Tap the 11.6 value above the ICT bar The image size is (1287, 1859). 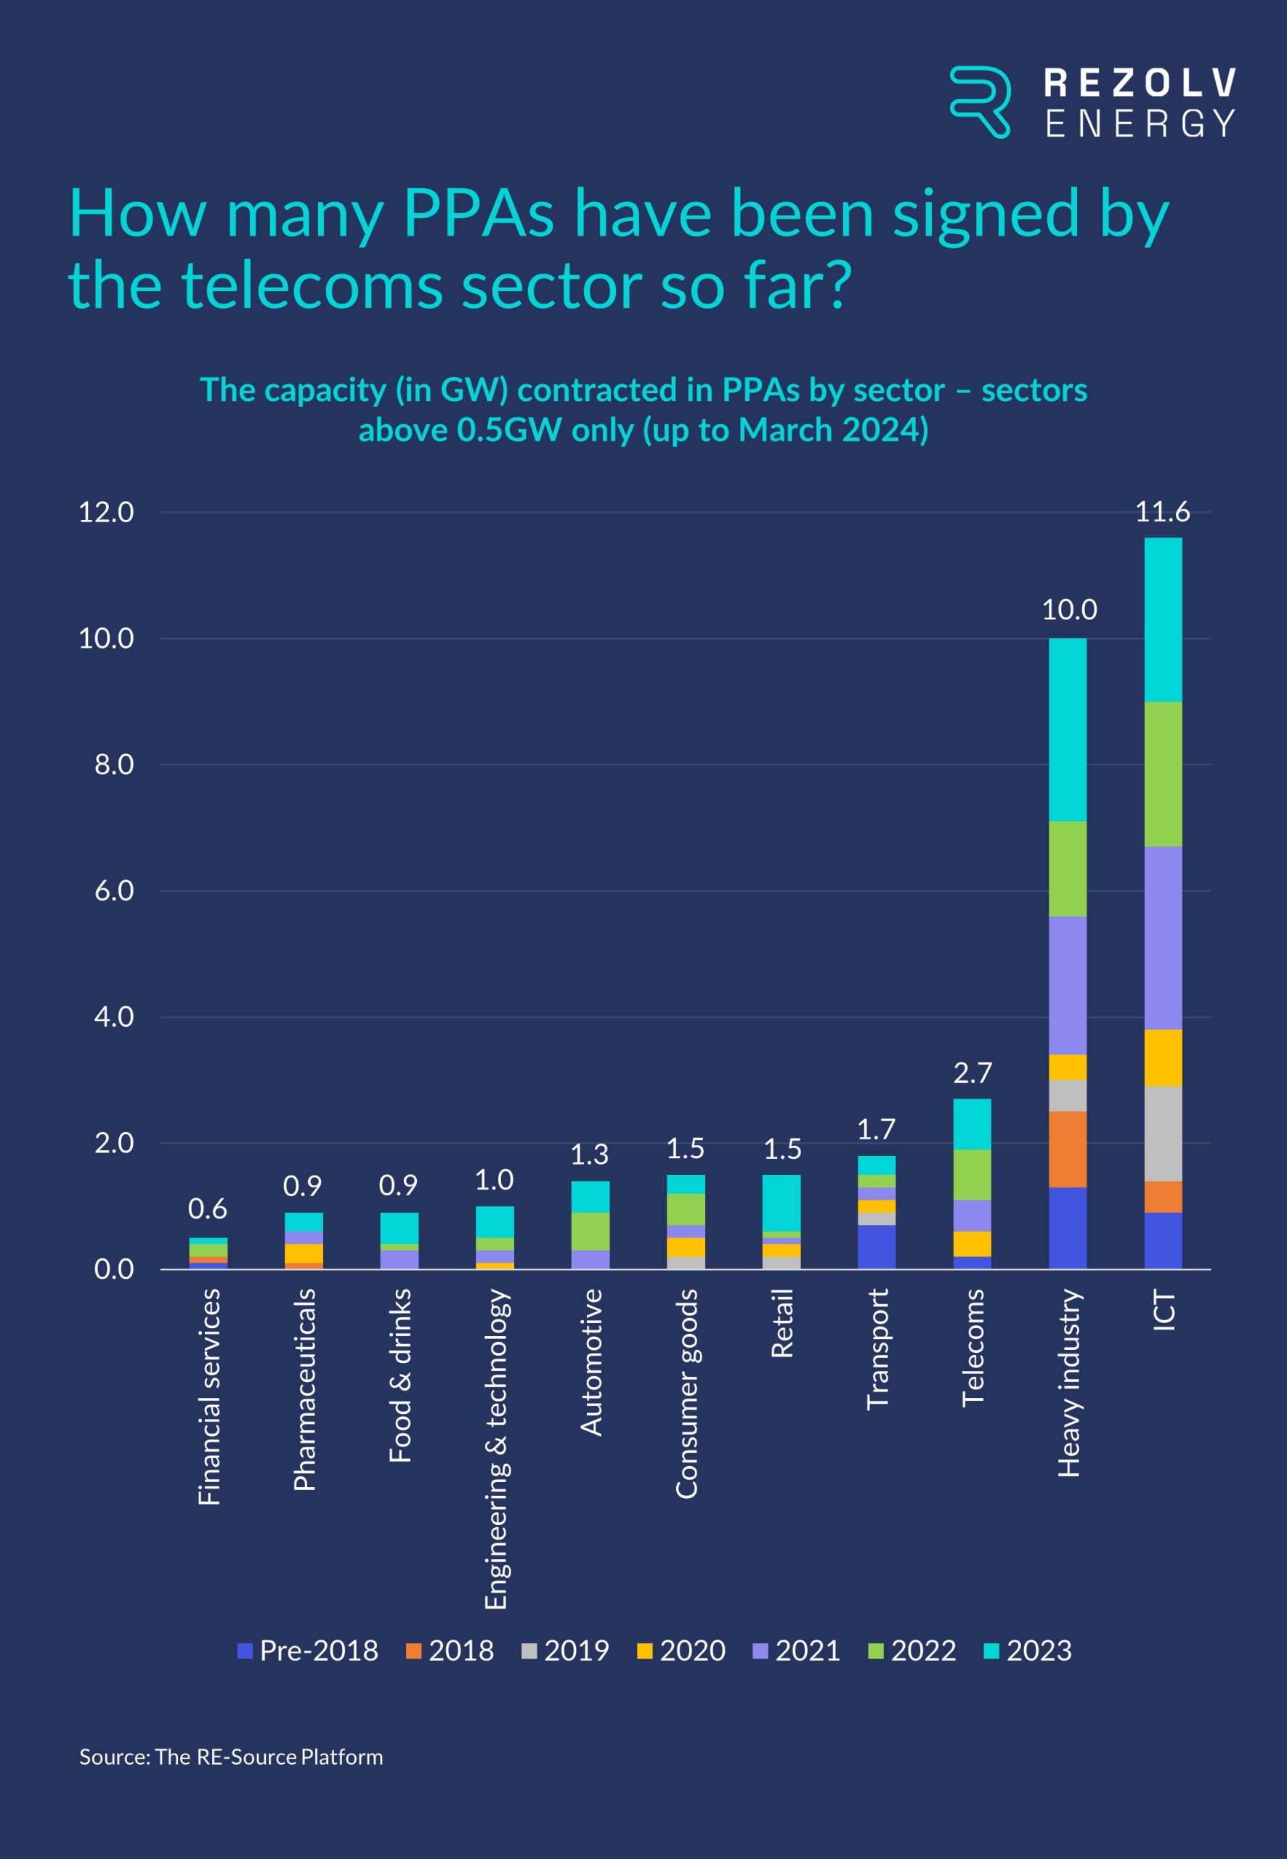[1162, 511]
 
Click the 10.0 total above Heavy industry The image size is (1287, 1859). [1068, 609]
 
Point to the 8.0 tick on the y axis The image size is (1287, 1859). [114, 764]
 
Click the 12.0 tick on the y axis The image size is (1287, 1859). [105, 512]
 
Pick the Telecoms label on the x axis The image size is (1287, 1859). [973, 1347]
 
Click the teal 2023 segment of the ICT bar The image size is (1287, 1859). [1163, 619]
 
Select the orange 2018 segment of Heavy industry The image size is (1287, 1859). [1068, 1149]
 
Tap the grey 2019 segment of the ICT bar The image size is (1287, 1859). [1163, 1133]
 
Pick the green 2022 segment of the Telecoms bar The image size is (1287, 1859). [973, 1174]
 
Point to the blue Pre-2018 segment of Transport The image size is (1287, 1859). [877, 1246]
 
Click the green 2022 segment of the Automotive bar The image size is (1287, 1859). [590, 1231]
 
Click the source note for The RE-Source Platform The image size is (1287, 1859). [231, 1757]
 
